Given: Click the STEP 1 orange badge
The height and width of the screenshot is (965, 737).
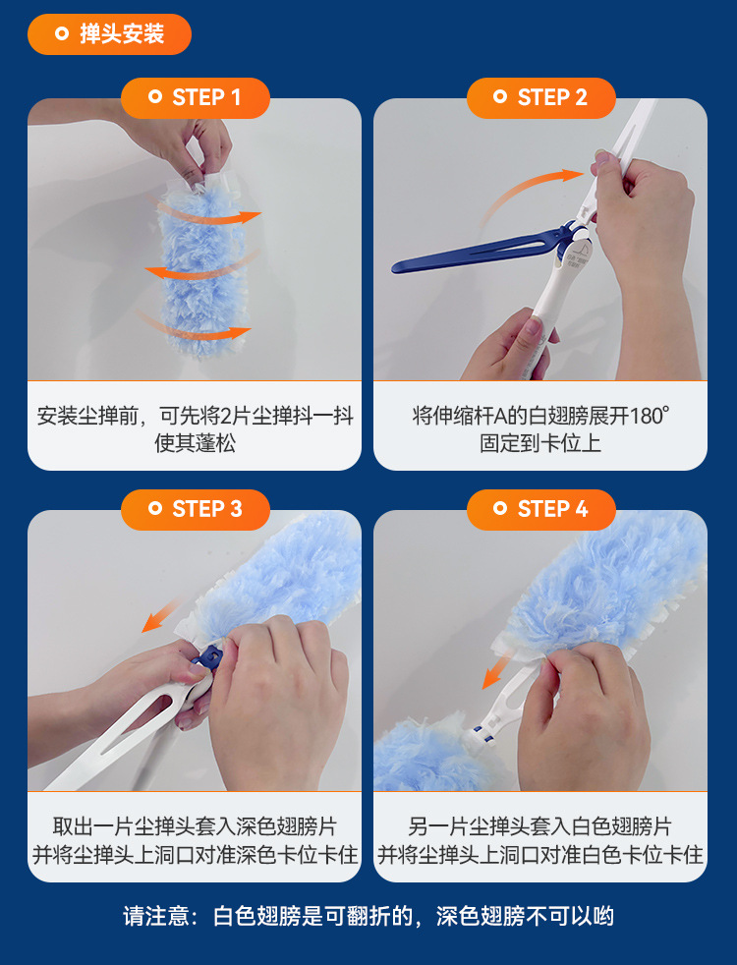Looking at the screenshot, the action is (195, 98).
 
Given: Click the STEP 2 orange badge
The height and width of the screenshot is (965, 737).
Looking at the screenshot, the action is (540, 98).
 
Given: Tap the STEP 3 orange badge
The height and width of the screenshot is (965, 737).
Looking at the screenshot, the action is (195, 510).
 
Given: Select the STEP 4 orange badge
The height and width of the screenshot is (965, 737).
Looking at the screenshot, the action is (540, 510).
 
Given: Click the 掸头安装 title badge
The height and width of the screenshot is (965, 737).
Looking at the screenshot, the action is (109, 33).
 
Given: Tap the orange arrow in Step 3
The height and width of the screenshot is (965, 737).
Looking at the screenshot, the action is (161, 615).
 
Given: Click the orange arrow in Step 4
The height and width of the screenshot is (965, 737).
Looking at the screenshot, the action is (497, 671).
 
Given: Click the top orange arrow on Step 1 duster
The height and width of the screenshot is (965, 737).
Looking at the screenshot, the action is (206, 212).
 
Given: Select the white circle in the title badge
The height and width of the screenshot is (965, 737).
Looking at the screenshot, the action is (62, 33).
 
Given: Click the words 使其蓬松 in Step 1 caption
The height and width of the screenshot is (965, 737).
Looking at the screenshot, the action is (195, 443).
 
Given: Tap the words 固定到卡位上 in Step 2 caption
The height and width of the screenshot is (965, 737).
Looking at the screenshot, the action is (540, 443).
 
